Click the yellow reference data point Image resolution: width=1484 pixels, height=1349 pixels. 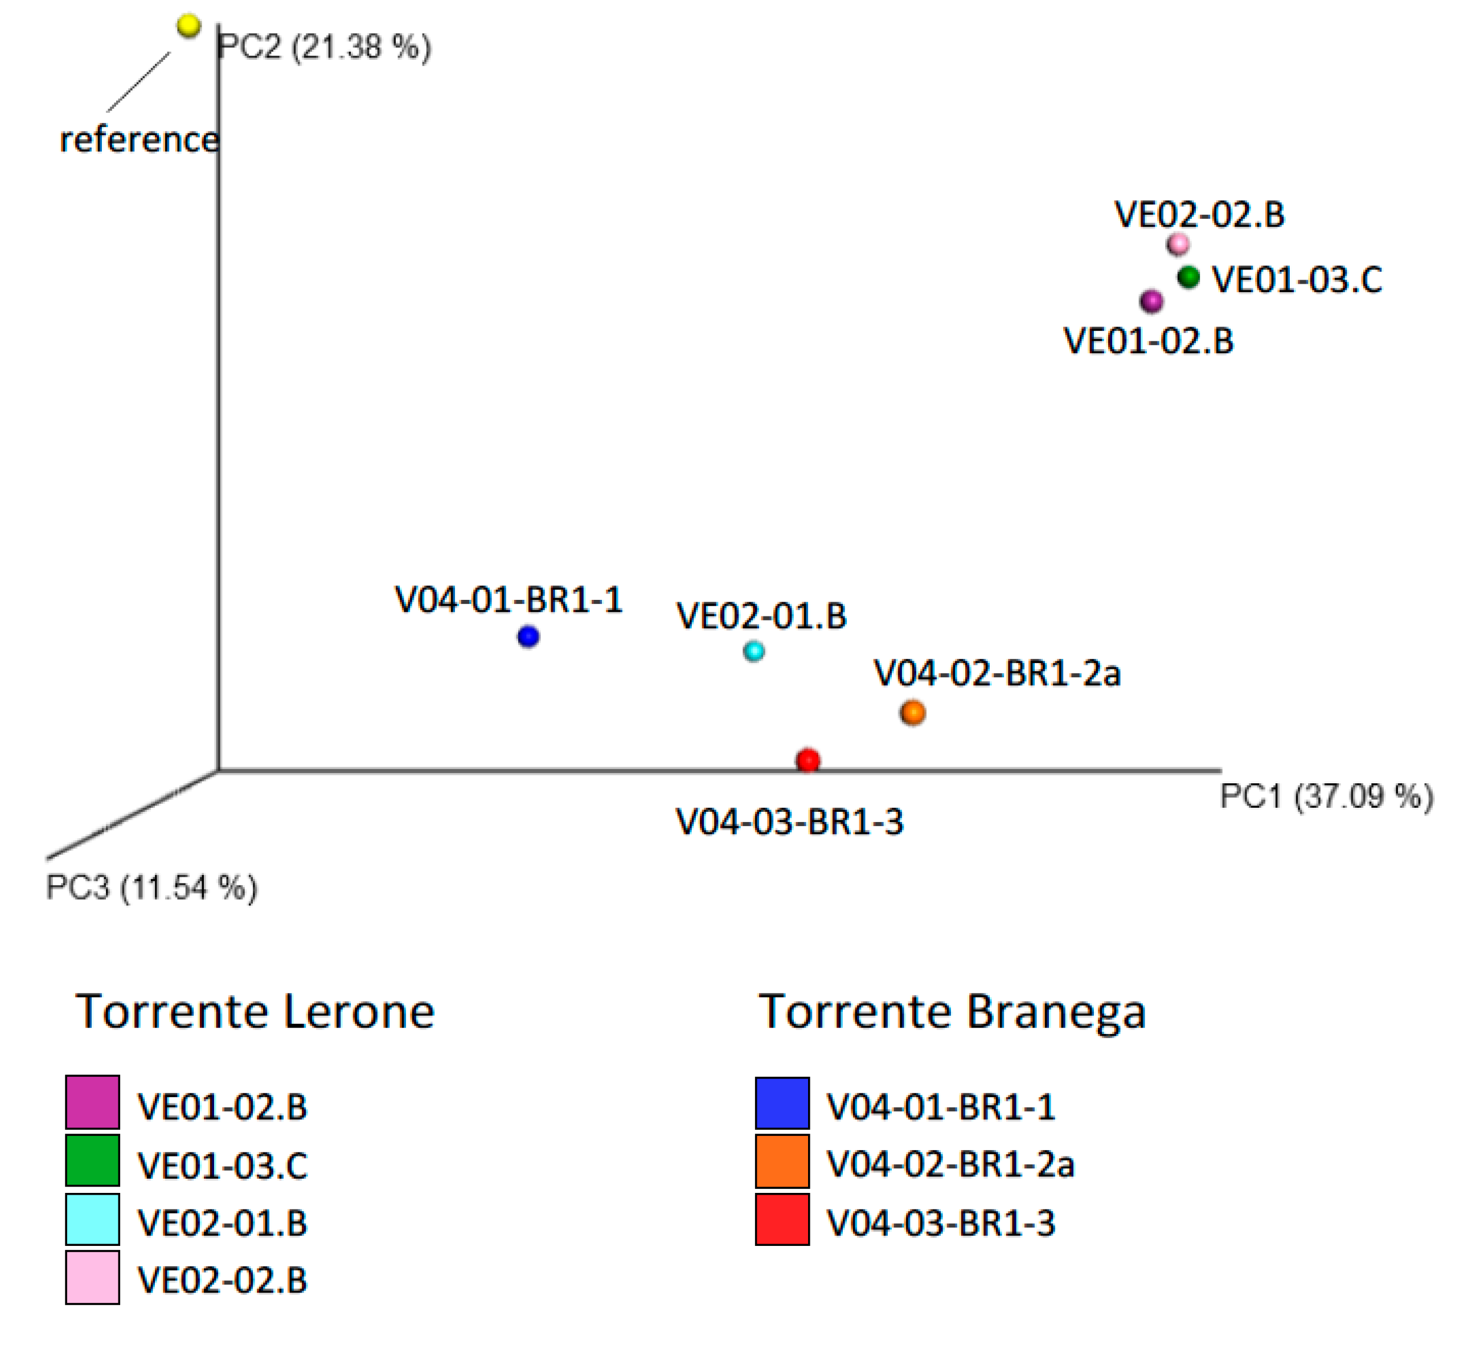189,26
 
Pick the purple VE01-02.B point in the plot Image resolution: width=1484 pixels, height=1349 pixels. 1151,301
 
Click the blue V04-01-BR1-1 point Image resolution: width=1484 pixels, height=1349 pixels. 528,636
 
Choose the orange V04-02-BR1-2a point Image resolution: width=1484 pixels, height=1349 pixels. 913,713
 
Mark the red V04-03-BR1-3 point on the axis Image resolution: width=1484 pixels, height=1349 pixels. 808,760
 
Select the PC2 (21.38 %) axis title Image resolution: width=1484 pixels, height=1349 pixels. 324,47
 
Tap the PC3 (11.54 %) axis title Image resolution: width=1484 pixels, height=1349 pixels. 151,888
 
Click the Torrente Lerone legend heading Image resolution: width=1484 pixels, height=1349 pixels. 255,1012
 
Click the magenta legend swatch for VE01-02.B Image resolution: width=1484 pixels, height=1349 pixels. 93,1102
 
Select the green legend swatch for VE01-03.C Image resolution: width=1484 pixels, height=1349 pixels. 93,1160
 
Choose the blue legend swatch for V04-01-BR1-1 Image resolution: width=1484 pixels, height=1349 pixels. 782,1103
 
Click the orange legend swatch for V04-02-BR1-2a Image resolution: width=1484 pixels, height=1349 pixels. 782,1161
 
